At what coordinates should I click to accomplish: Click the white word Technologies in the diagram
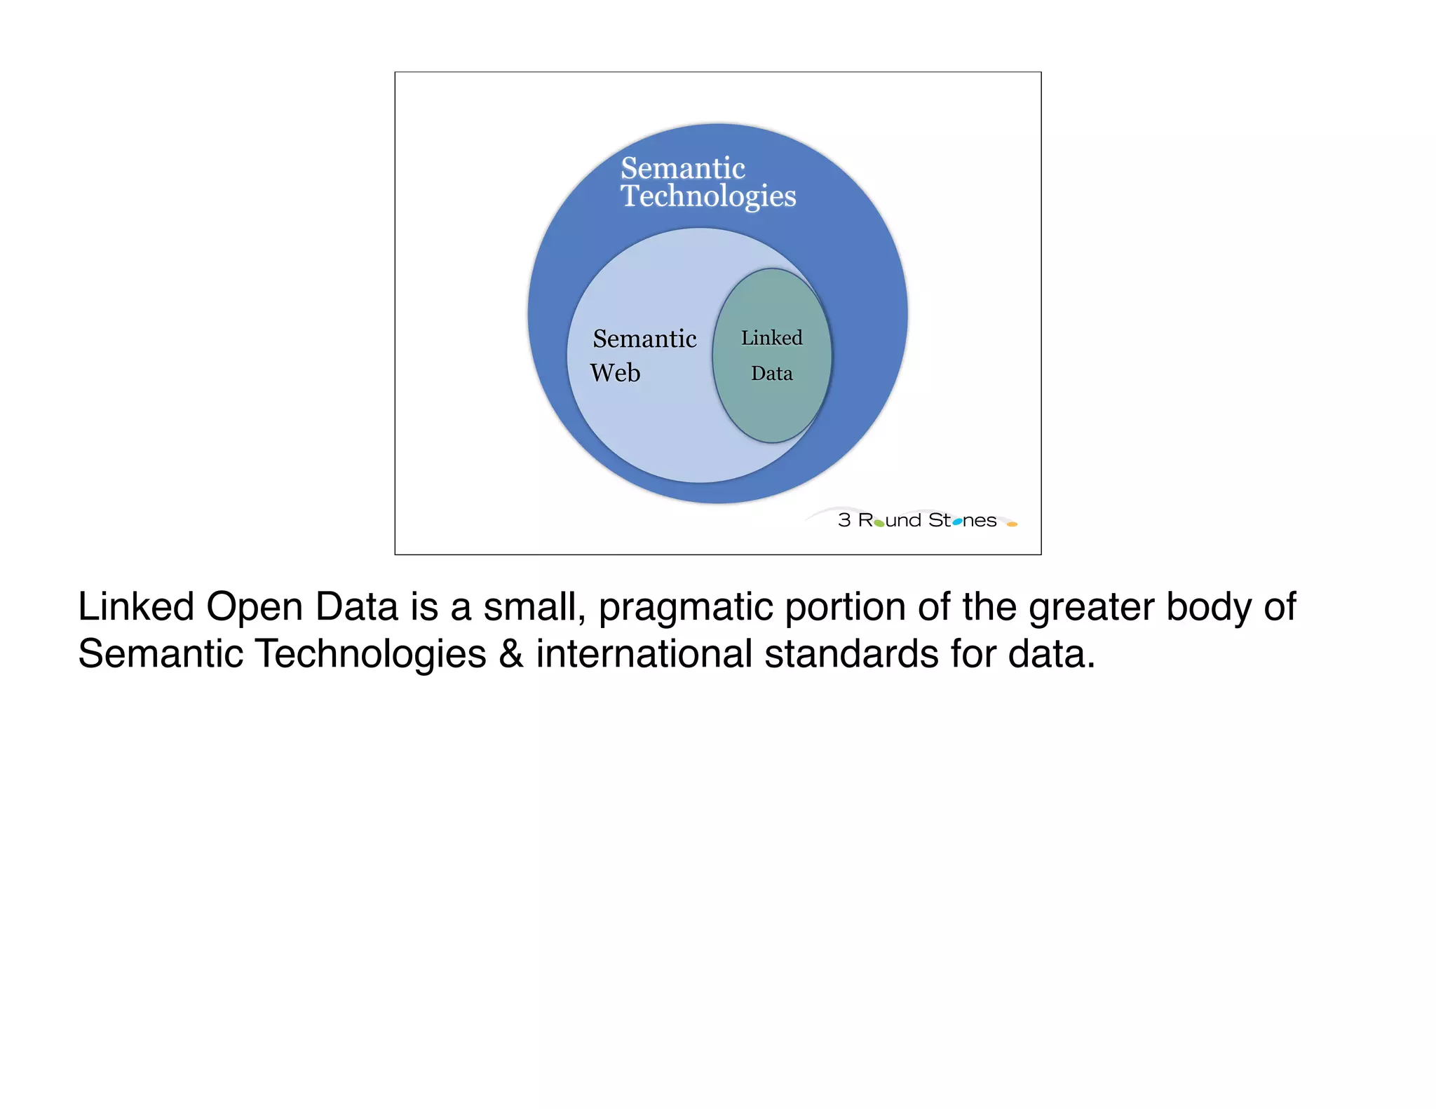click(708, 196)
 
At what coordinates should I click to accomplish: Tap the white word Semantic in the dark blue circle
click(682, 168)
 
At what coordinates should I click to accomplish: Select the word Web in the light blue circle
click(615, 373)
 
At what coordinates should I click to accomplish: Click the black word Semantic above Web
click(644, 339)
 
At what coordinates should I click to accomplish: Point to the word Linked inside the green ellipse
click(771, 338)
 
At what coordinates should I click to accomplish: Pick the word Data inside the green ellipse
click(771, 374)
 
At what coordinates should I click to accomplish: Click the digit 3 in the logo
click(844, 520)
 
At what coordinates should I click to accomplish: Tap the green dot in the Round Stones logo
click(879, 523)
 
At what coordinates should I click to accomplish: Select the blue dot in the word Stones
click(957, 522)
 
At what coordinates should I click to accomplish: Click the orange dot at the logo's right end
click(1012, 524)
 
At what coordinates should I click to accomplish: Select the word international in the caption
click(644, 654)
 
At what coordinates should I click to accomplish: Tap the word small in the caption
click(534, 607)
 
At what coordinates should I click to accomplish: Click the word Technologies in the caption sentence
click(370, 654)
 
